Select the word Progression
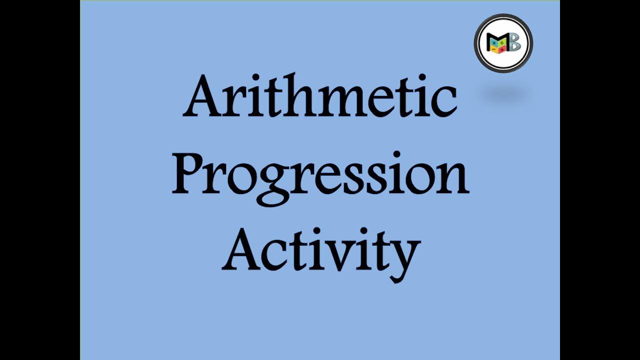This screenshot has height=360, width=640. point(320,175)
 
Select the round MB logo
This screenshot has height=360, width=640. point(503,43)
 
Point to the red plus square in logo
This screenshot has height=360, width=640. point(502,50)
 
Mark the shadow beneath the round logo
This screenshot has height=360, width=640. point(504,94)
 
